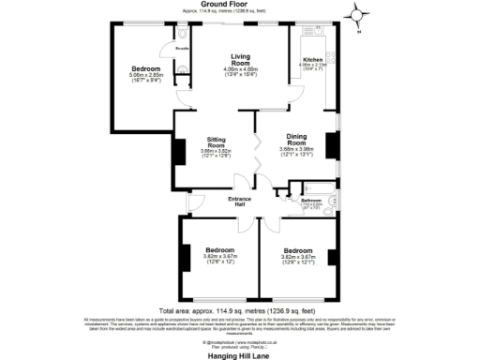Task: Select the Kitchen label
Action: point(311,58)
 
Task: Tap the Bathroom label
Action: point(311,201)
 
